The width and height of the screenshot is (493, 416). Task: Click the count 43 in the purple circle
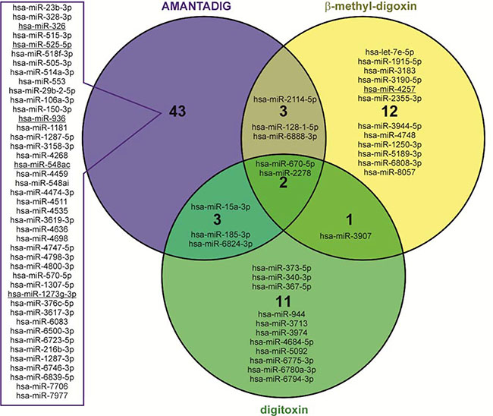pyautogui.click(x=176, y=112)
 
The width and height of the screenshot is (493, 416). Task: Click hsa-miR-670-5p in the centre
pyautogui.click(x=283, y=164)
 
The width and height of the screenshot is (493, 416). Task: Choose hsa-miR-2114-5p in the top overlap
pyautogui.click(x=283, y=99)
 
